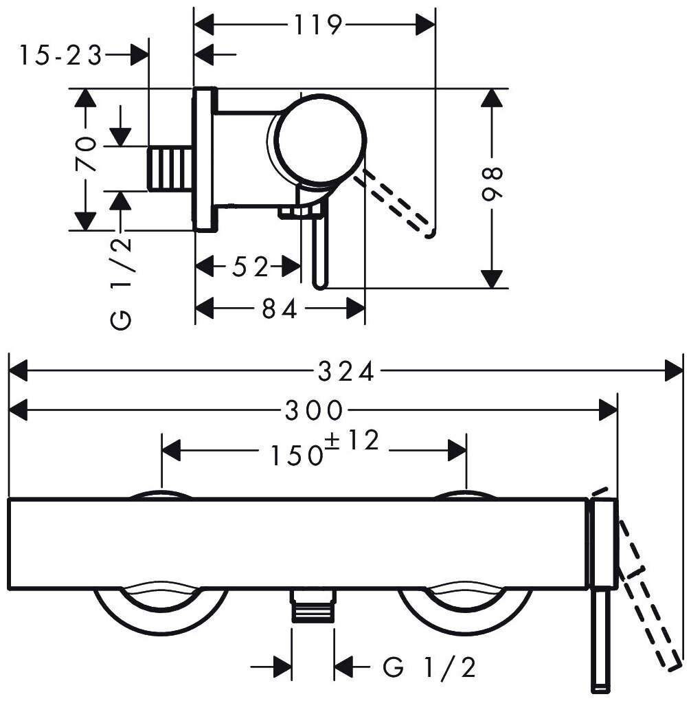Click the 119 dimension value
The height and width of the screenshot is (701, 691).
(318, 25)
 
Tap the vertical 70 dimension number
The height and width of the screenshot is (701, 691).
(85, 155)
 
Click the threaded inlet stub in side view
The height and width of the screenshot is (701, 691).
(170, 168)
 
